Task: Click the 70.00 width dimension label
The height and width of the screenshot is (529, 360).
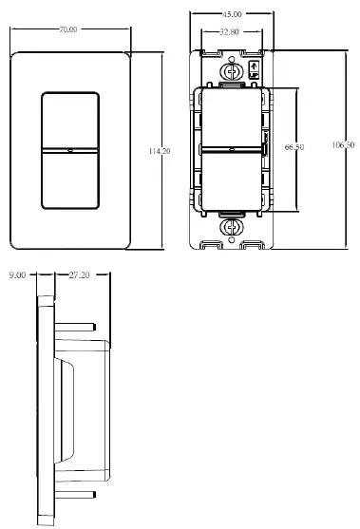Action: (x=66, y=29)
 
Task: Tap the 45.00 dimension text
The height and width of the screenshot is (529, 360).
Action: (x=231, y=15)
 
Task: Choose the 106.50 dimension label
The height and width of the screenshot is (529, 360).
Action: (x=344, y=144)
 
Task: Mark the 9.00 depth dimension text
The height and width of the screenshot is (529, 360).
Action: (x=16, y=274)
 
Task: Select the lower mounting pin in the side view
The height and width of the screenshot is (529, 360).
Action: (x=76, y=495)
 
